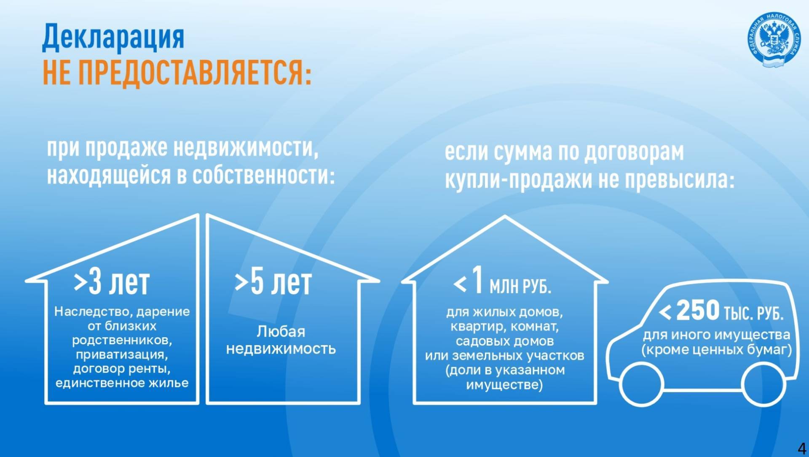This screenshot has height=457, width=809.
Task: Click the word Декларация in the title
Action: pos(113,37)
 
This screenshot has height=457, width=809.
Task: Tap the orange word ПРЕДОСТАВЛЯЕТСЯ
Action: pos(195,73)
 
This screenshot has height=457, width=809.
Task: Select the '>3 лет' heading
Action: pos(112,282)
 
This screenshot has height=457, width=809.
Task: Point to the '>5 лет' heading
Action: pos(273,282)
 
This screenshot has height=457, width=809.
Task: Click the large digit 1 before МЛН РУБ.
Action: pos(477,280)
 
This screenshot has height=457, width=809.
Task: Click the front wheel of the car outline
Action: pos(641,384)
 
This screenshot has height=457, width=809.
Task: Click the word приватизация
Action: pos(122,354)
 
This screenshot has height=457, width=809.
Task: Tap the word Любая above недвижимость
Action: pos(281,332)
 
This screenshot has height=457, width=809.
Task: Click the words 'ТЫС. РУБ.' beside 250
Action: pos(753,314)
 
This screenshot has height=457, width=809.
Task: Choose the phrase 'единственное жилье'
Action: pos(122,383)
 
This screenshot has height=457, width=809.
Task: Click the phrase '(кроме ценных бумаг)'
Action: pos(716,350)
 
